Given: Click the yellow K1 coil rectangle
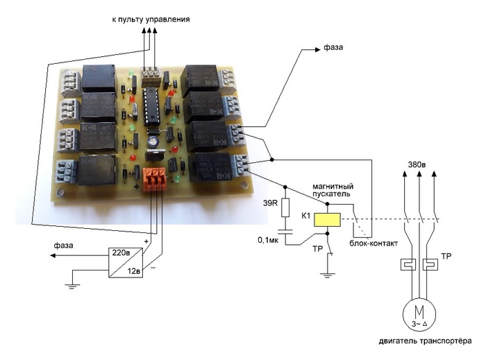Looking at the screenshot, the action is point(327,219).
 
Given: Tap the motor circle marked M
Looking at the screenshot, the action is point(419,314).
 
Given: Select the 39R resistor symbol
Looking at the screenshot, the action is point(285,207).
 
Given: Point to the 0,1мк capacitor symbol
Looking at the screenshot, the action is point(285,232).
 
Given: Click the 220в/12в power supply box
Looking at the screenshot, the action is point(126,262).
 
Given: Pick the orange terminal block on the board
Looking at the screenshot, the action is point(153,179).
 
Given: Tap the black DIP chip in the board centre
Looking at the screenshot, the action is point(151,106).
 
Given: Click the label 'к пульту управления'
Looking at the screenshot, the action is point(151,19).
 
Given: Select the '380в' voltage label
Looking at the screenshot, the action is point(417,164).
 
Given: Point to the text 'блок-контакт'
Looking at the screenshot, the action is point(374,243).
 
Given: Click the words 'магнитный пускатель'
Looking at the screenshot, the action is point(333,190).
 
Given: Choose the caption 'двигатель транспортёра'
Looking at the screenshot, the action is point(425,341).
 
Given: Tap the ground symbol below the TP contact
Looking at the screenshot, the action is point(327,275).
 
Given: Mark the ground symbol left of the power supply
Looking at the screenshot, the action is point(72,286).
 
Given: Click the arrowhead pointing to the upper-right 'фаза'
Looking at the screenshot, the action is point(317,49).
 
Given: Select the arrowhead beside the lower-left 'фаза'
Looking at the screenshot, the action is point(53,256).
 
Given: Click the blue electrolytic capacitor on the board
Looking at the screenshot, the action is point(153,141).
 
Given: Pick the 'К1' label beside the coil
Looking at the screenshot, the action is point(305,216).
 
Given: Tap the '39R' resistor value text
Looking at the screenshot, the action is point(269,204).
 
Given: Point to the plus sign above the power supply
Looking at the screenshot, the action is point(146,241).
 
